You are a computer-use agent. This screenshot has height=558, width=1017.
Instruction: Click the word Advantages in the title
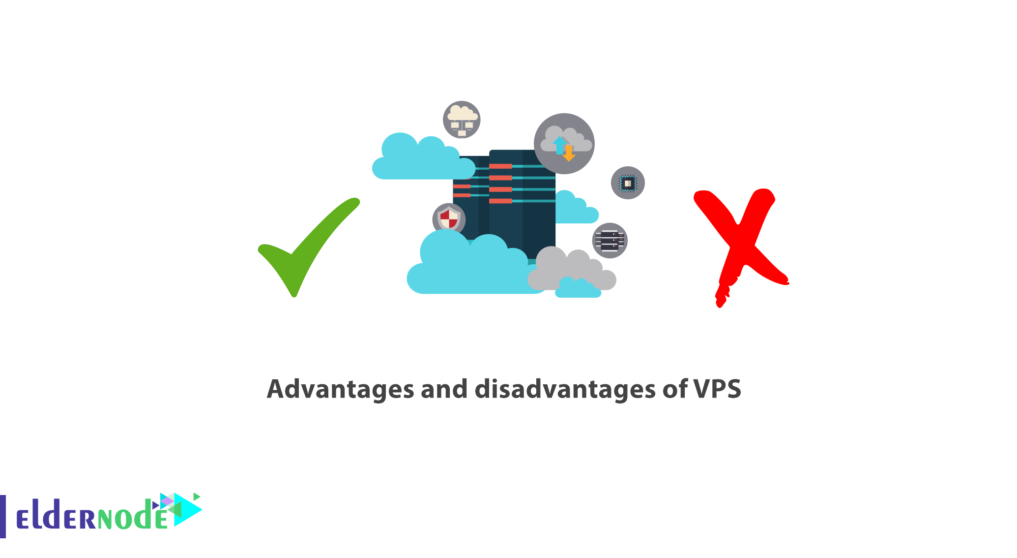(340, 390)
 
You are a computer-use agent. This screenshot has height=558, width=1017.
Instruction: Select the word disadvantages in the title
(565, 389)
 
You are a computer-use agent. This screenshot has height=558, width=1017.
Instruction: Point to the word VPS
(717, 389)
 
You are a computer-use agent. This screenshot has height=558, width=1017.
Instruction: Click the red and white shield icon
(449, 218)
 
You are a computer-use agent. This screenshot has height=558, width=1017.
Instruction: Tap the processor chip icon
(628, 183)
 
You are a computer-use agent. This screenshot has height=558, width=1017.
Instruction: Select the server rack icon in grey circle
(610, 241)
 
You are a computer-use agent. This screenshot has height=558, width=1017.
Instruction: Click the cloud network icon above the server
(462, 120)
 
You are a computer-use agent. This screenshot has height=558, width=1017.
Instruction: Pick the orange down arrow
(569, 153)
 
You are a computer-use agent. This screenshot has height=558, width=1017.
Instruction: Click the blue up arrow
(559, 145)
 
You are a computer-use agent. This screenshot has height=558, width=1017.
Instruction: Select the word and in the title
(444, 389)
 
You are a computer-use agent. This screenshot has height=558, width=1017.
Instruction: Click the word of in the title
(675, 389)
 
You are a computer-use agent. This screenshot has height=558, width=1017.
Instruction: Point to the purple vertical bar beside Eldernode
(3, 516)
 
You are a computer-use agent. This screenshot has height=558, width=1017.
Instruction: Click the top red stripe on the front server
(500, 166)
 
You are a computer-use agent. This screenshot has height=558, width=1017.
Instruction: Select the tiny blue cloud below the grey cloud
(578, 288)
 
